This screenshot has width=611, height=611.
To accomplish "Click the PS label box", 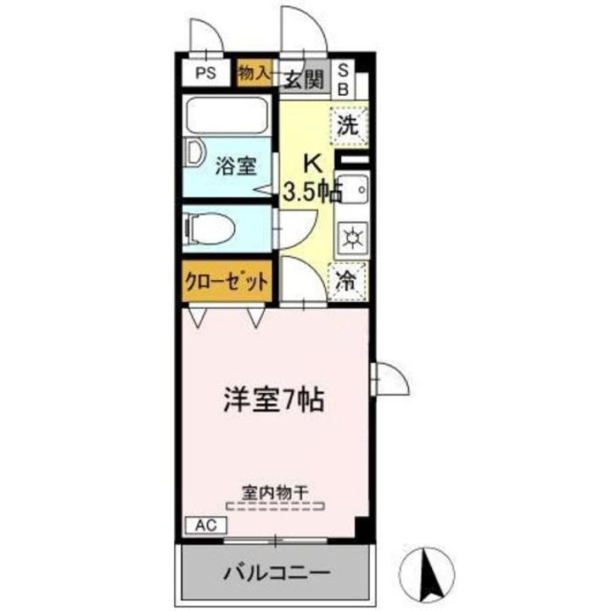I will click(x=206, y=73).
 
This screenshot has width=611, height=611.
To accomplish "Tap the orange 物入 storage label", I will click(x=253, y=72).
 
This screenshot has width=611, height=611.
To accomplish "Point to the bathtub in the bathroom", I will click(x=227, y=115).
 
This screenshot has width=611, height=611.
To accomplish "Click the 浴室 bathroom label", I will click(x=235, y=165).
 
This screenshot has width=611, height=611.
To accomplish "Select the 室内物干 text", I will click(x=279, y=491).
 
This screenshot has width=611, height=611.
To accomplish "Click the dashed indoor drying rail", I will click(x=279, y=507).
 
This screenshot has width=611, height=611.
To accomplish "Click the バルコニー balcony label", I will click(x=277, y=573).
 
